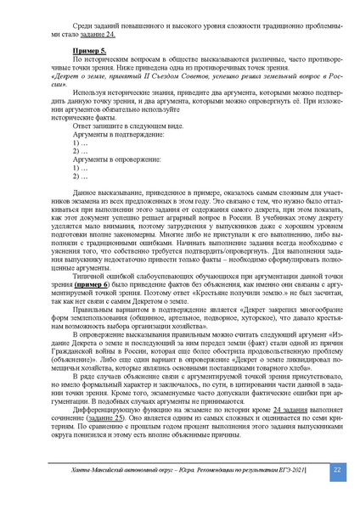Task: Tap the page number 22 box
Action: point(335,470)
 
